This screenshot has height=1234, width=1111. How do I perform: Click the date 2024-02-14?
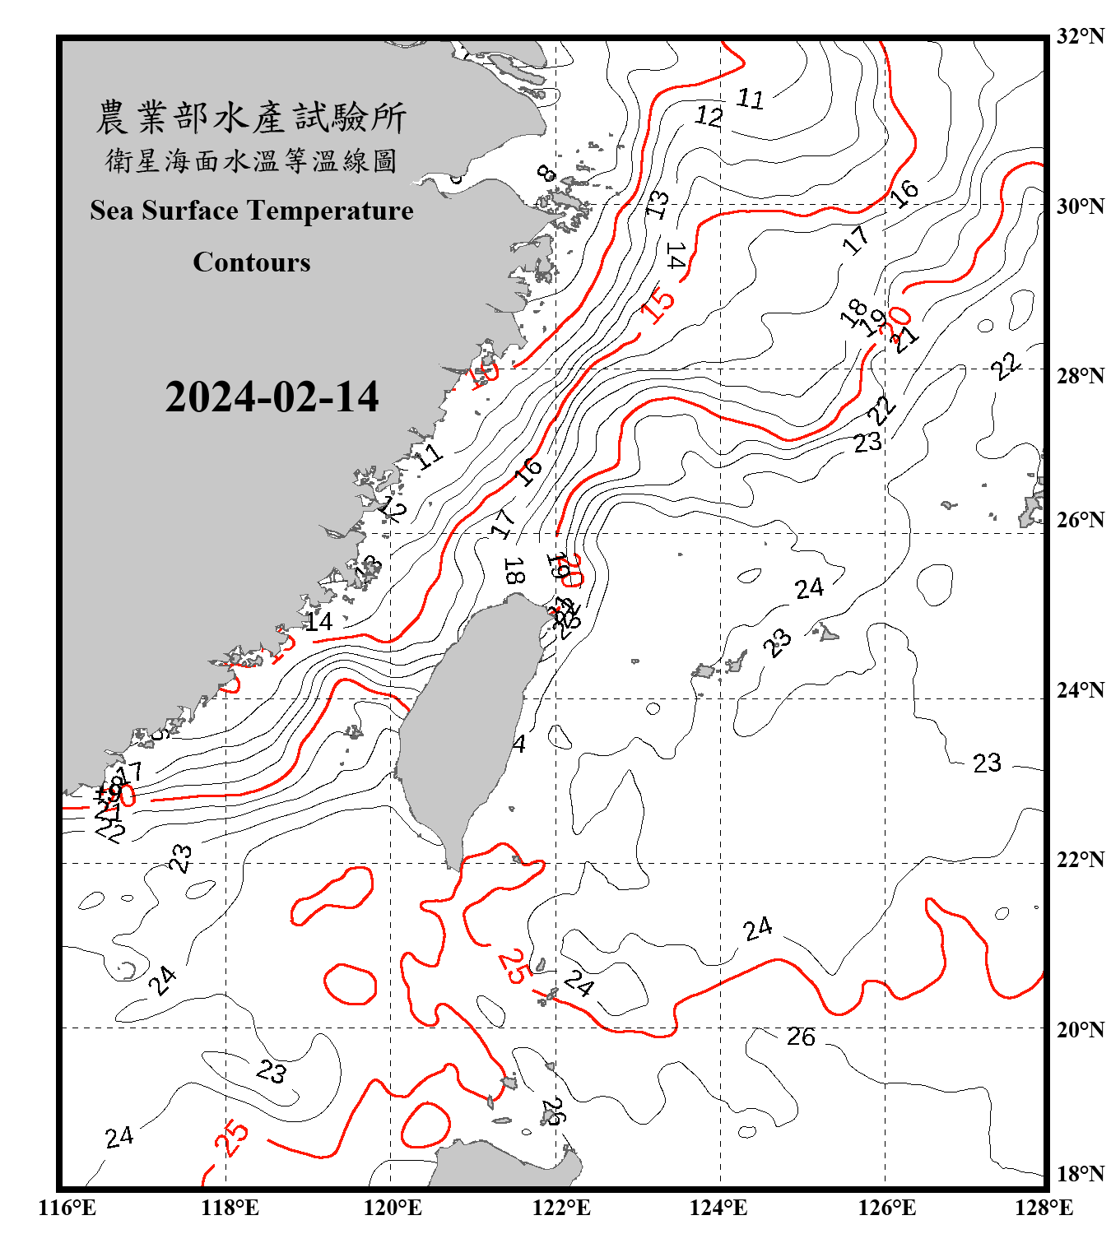click(x=272, y=397)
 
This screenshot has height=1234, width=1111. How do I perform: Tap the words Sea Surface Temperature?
click(x=252, y=211)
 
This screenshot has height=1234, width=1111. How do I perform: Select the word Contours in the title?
click(x=252, y=262)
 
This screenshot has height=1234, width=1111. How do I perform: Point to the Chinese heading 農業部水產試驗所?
click(x=252, y=118)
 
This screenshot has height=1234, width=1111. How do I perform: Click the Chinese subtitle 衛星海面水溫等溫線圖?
click(x=252, y=160)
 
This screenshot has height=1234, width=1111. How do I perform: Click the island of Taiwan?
click(x=465, y=724)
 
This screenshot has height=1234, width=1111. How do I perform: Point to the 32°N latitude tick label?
click(x=1081, y=36)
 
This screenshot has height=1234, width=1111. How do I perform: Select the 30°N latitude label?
click(x=1081, y=206)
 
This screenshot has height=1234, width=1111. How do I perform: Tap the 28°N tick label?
click(x=1081, y=376)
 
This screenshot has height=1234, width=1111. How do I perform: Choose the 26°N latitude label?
click(x=1081, y=520)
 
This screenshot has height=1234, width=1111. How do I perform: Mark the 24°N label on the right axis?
click(x=1081, y=690)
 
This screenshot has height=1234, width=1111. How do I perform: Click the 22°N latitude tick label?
click(x=1081, y=860)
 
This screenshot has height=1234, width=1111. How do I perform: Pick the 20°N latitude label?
click(x=1081, y=1029)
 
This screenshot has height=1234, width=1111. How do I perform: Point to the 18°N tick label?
click(x=1081, y=1174)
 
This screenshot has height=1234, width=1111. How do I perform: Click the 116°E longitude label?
click(x=67, y=1208)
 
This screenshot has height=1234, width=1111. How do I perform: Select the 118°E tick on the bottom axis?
click(x=230, y=1208)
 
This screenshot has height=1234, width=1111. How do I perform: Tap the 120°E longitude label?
click(x=393, y=1208)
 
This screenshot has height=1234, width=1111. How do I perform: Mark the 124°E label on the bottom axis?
click(x=718, y=1208)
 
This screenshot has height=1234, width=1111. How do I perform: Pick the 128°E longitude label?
click(x=1044, y=1208)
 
